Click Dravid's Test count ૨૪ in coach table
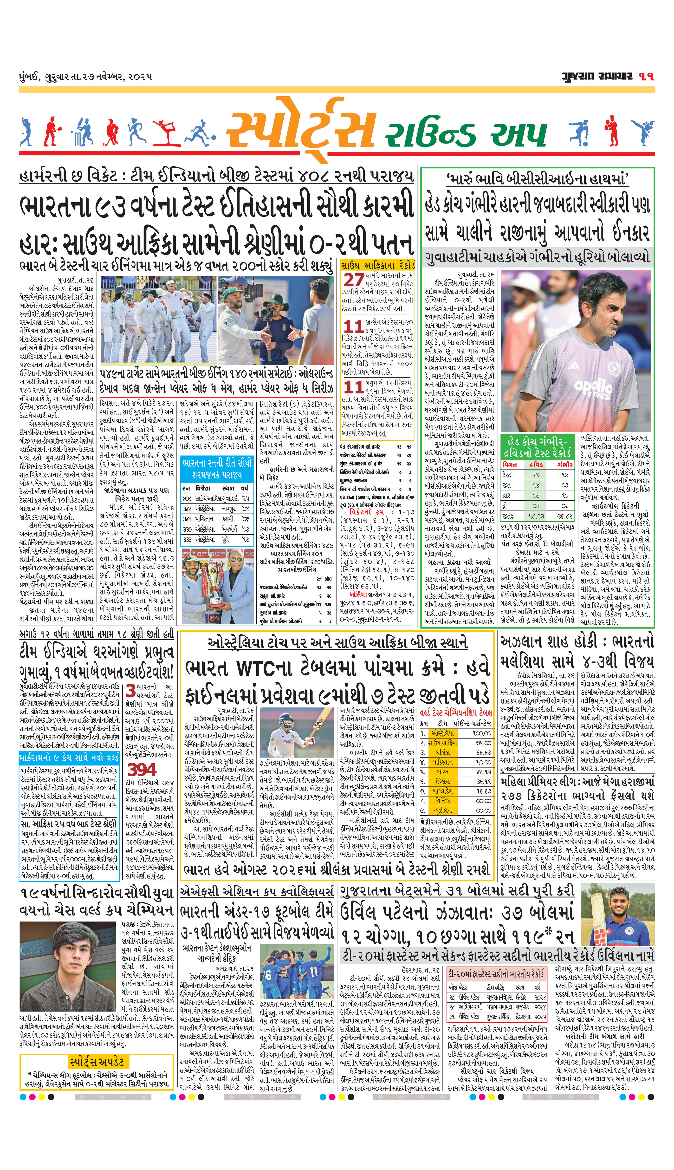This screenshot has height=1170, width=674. [x=536, y=475]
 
